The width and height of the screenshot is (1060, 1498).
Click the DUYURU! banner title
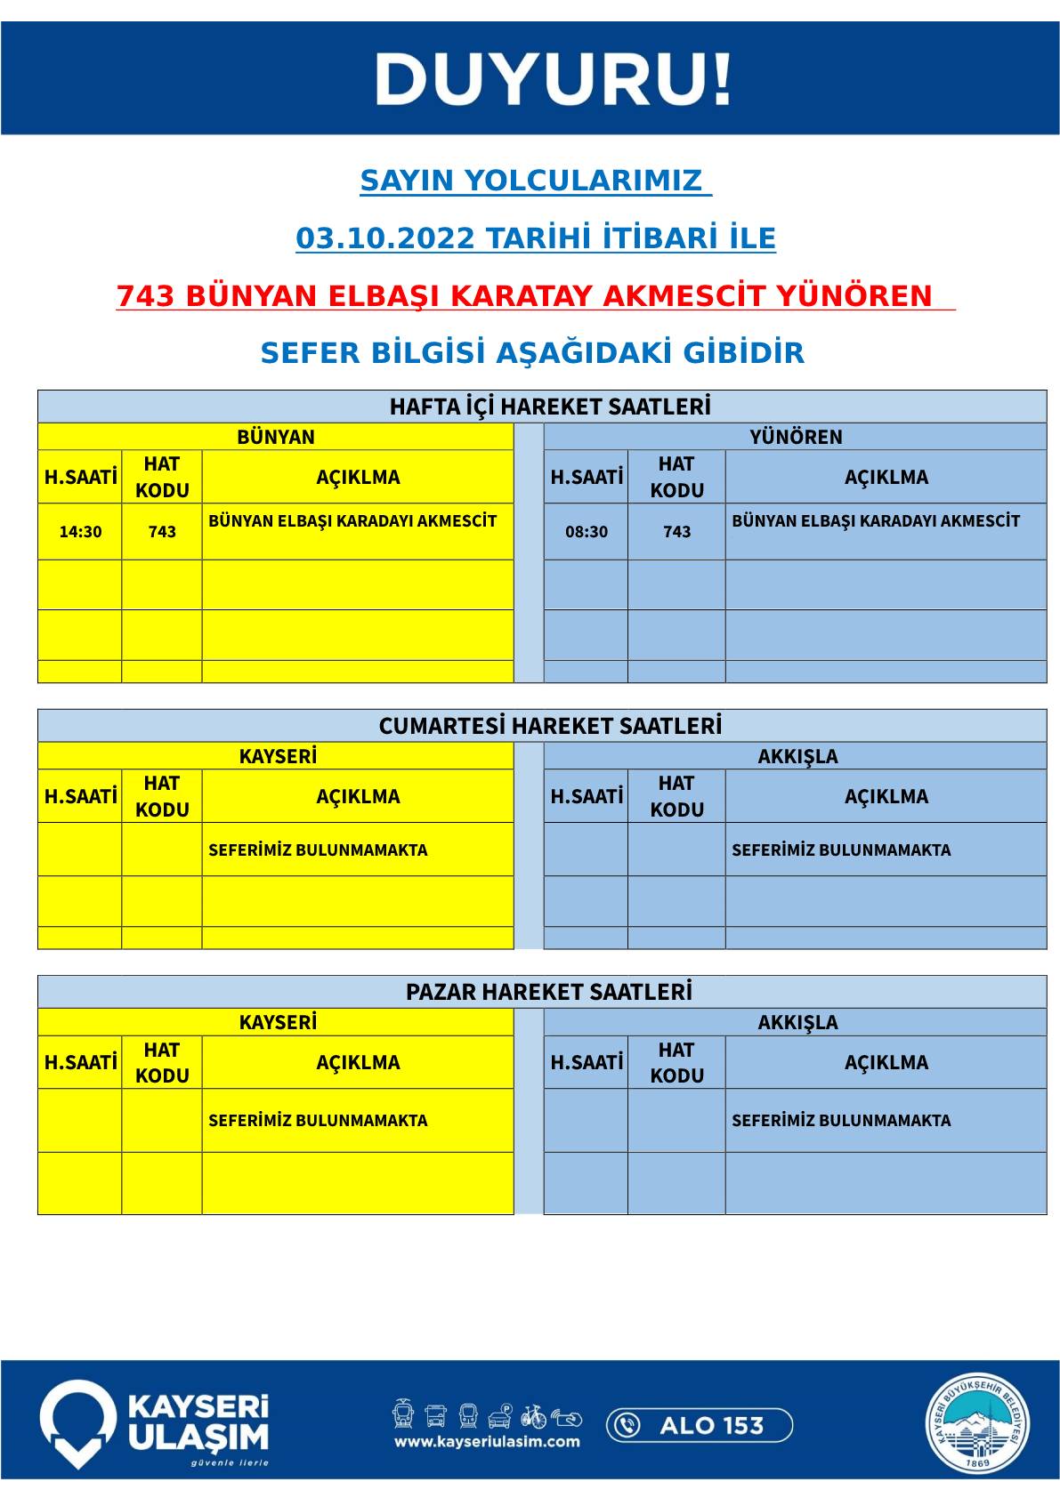tap(553, 79)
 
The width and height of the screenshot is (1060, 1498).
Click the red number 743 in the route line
tap(147, 296)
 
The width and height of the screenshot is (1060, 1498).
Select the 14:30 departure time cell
tap(80, 532)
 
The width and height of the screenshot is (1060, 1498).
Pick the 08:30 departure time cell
tap(587, 532)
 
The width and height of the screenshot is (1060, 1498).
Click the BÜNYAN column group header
tap(276, 437)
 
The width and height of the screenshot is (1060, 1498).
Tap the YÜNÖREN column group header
tap(796, 437)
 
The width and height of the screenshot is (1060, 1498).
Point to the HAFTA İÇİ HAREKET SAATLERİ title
tap(550, 407)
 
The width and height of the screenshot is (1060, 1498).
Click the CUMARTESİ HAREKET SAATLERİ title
tap(550, 726)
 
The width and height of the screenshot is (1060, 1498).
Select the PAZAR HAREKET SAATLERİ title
tap(549, 992)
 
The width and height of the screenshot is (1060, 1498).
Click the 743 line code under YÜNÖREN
tap(676, 532)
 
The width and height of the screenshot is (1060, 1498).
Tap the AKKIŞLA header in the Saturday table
tap(797, 756)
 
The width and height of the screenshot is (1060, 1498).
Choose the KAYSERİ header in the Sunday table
tap(278, 1022)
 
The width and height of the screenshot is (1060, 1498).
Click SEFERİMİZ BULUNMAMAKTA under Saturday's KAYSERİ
tap(318, 850)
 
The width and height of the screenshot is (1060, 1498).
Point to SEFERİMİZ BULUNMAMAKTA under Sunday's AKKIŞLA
tap(841, 1121)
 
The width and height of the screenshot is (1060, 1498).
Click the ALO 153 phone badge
tap(699, 1426)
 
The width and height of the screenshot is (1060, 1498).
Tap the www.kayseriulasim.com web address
tap(487, 1442)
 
